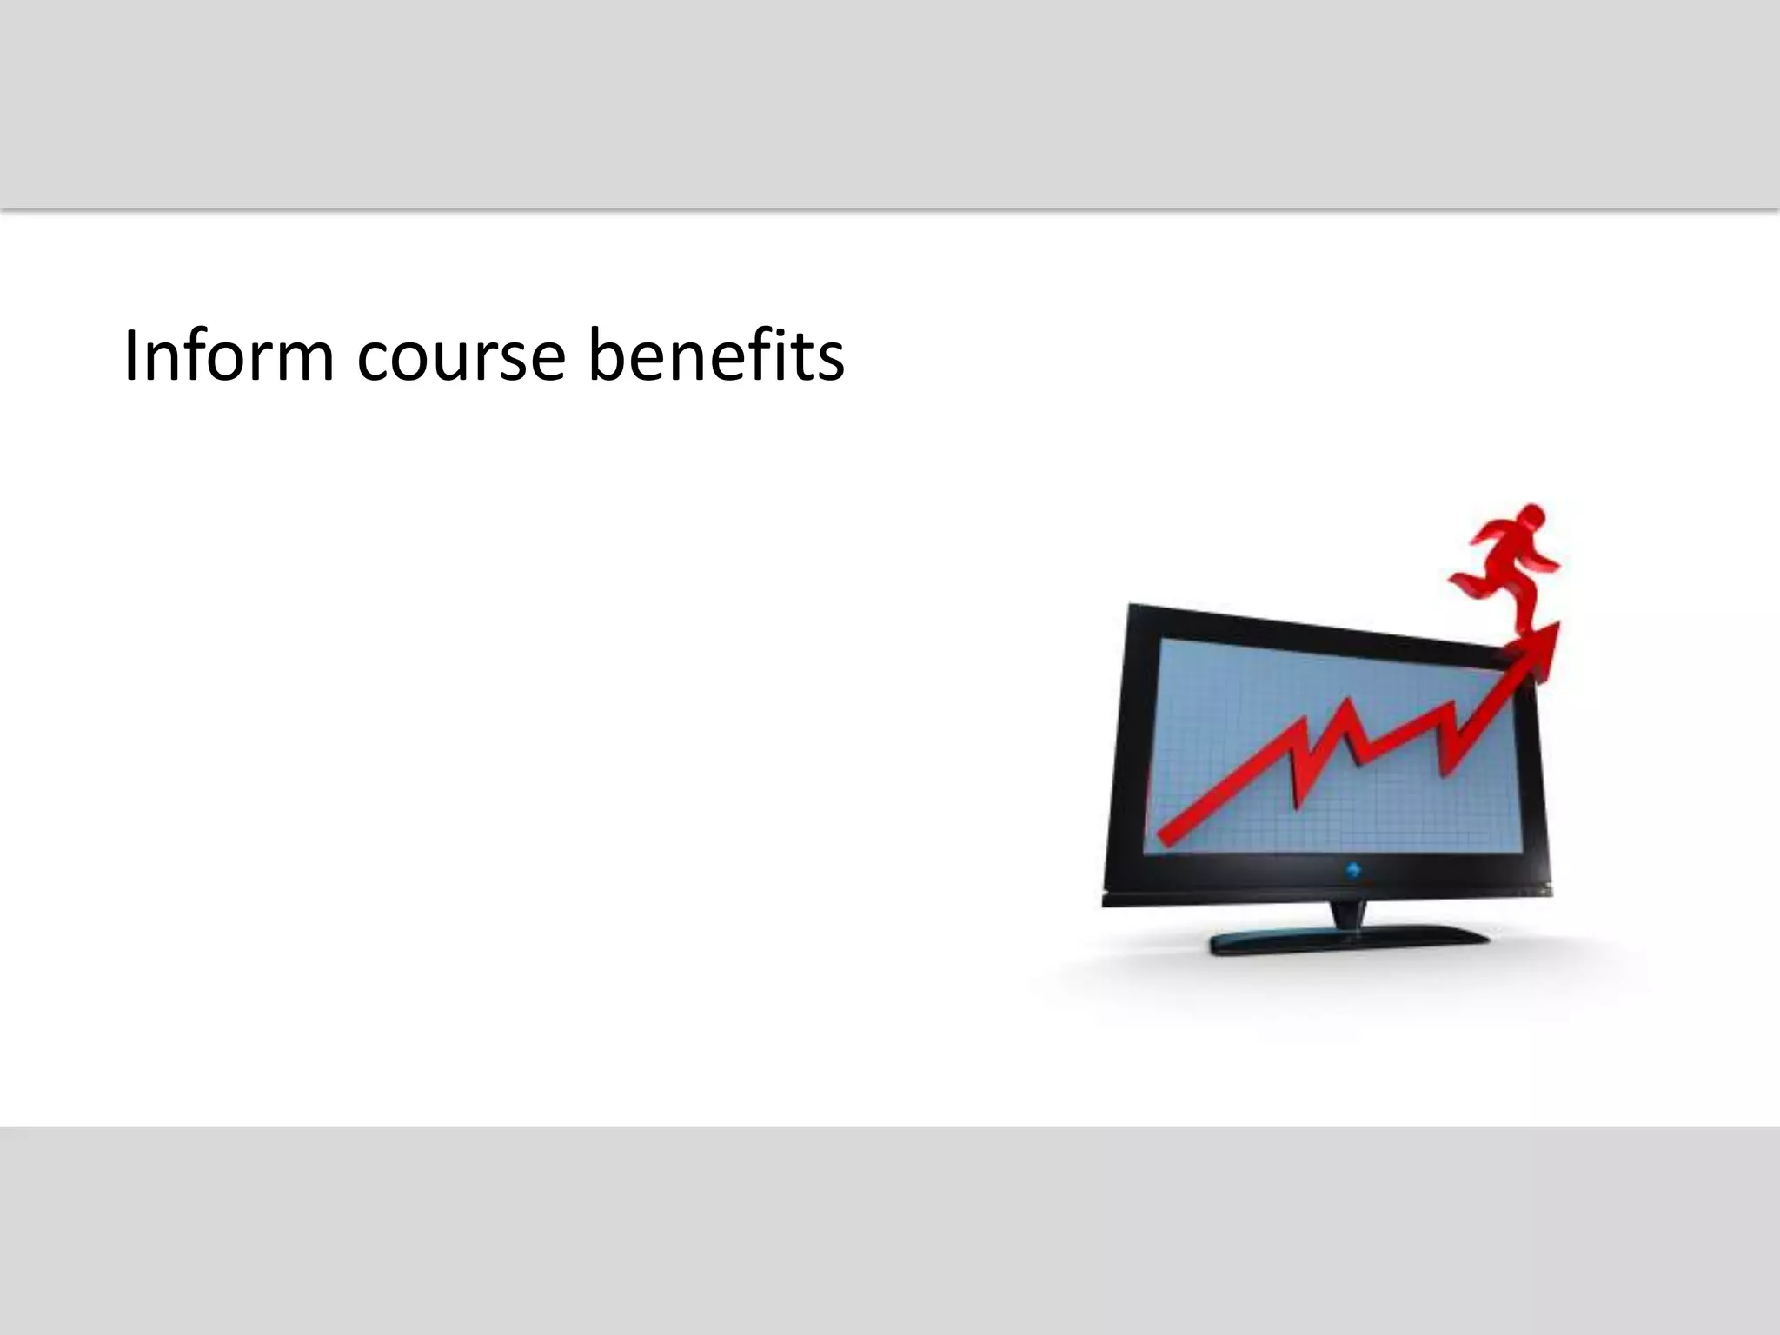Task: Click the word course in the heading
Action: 461,356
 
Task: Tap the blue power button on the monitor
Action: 1353,870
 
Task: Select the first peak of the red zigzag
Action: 1298,746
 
